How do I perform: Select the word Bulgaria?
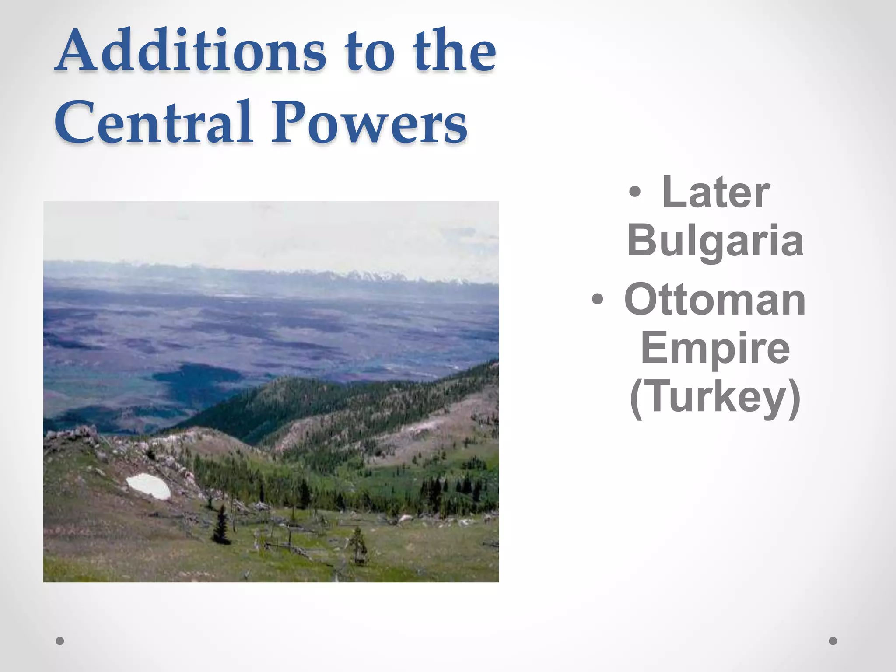(x=715, y=241)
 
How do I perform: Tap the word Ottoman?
(x=715, y=300)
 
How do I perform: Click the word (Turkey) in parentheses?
(x=715, y=397)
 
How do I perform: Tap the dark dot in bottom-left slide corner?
(x=60, y=641)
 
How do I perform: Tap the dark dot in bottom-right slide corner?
(x=833, y=641)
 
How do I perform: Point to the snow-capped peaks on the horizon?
(x=372, y=276)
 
